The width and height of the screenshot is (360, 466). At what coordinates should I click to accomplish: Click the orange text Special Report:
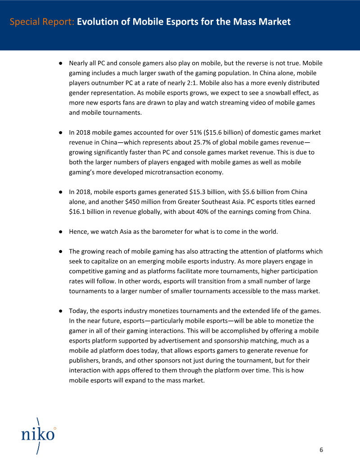42,22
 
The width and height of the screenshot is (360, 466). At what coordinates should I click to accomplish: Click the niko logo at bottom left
38,434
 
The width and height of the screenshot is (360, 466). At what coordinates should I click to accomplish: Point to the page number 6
321,450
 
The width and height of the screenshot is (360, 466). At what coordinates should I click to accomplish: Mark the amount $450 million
133,202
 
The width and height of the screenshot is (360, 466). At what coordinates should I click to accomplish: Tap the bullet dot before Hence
60,232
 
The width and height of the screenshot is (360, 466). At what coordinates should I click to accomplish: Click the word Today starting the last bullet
78,311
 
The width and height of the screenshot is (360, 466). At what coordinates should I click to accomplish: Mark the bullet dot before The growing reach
60,252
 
